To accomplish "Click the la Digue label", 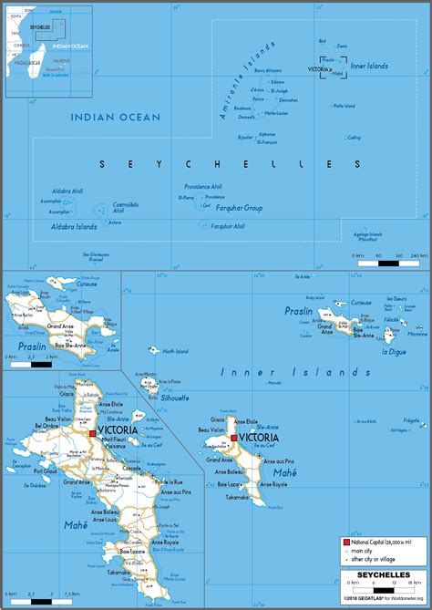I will (394, 351).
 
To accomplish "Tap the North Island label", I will (174, 350).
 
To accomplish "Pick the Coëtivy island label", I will (354, 138).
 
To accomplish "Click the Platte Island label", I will (345, 106).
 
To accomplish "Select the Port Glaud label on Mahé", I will (46, 470).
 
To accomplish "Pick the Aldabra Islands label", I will (74, 225).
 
